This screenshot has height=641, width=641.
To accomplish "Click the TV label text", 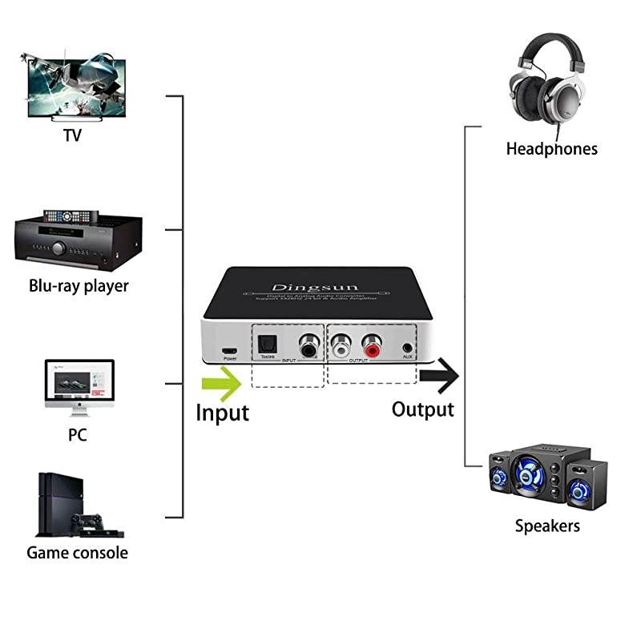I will [72, 135].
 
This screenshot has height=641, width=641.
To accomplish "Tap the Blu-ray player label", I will [79, 285].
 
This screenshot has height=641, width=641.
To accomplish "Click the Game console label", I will [77, 552].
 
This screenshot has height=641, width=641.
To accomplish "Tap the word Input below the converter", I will [222, 413].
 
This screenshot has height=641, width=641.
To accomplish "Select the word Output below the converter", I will [422, 409].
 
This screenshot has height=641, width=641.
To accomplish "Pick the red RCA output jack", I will [371, 347].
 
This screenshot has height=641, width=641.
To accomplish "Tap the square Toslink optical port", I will [267, 345].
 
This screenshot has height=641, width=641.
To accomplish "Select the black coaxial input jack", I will [308, 347].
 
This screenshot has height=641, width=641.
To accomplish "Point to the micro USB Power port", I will [230, 351].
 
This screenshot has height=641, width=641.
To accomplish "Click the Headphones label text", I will [551, 149].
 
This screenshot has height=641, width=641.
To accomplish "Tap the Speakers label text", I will [547, 526].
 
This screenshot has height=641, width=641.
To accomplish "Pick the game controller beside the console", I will [87, 522].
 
